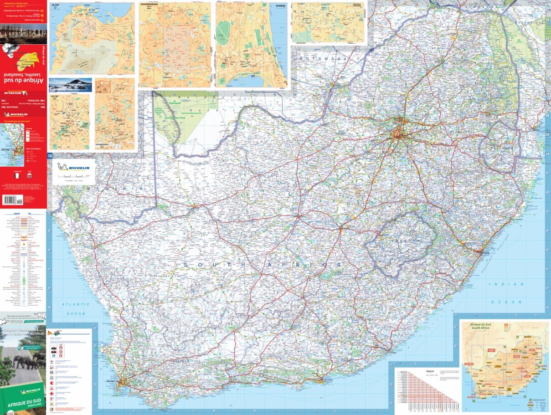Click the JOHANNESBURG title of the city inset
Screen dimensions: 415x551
tap(153, 6)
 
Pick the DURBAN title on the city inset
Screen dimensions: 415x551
tap(279, 6)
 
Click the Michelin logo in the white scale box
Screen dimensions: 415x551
tap(73, 167)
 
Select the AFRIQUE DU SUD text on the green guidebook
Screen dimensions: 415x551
tap(23, 403)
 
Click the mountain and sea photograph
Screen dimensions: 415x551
tap(70, 85)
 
